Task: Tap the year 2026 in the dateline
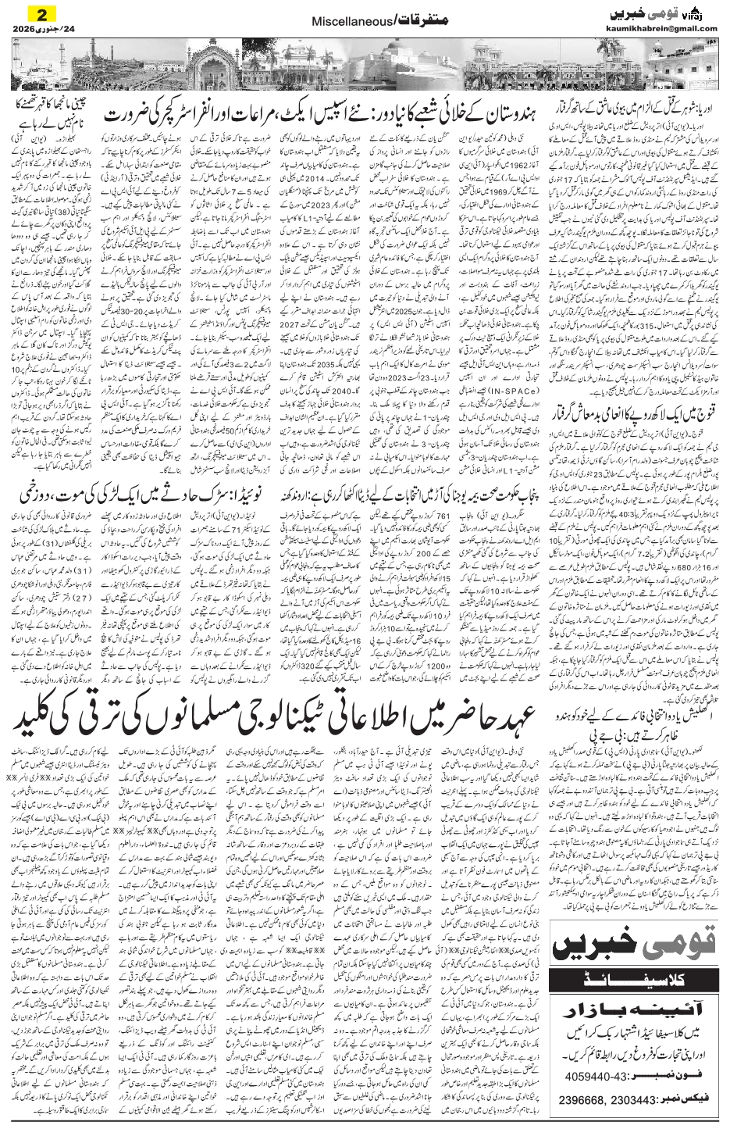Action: pos(27,30)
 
